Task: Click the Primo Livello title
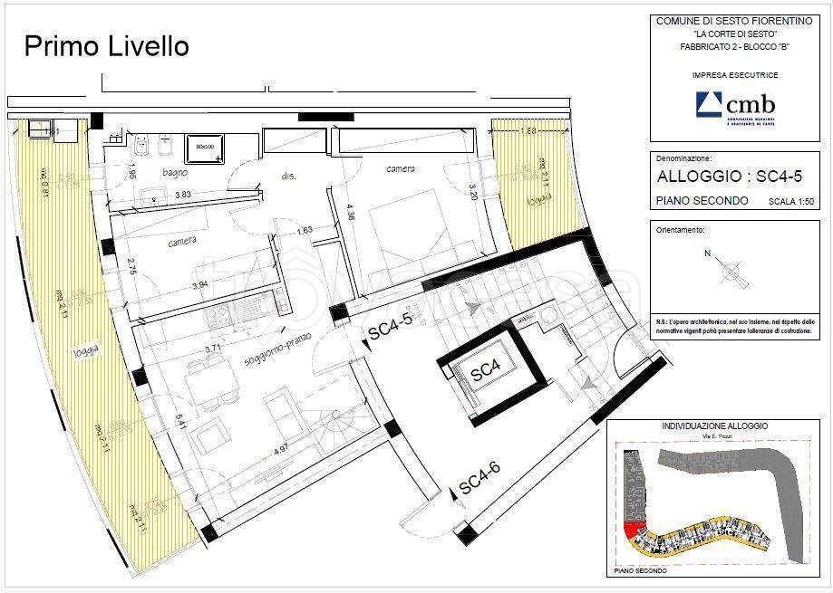pyautogui.click(x=106, y=46)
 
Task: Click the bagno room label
pyautogui.click(x=175, y=171)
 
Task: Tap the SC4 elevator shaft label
pyautogui.click(x=486, y=371)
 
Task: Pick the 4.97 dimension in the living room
pyautogui.click(x=284, y=447)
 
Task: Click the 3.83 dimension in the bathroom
pyautogui.click(x=182, y=194)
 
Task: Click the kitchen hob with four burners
pyautogui.click(x=219, y=316)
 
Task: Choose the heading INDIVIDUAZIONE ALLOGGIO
pyautogui.click(x=715, y=426)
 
